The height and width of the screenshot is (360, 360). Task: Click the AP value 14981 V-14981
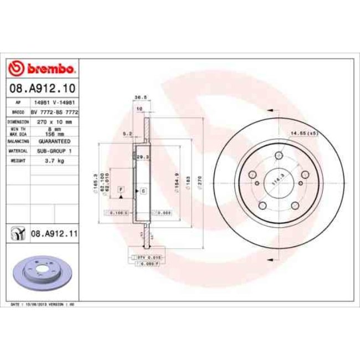[x=54, y=103]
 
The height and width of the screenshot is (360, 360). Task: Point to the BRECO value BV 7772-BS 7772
[x=54, y=112]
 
